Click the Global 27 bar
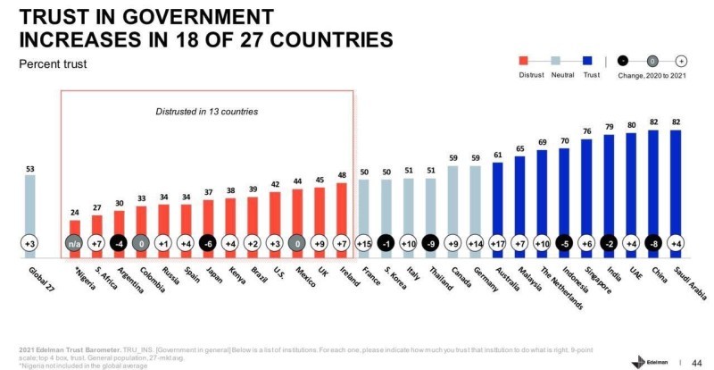pyautogui.click(x=30, y=214)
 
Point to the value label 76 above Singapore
pyautogui.click(x=587, y=130)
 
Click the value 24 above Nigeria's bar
pyautogui.click(x=75, y=212)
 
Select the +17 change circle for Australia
pyautogui.click(x=497, y=241)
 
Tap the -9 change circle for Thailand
pyautogui.click(x=431, y=241)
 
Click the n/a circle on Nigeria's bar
pyautogui.click(x=75, y=241)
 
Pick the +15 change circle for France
pyautogui.click(x=364, y=241)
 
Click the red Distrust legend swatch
pyautogui.click(x=524, y=61)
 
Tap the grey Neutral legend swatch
pyautogui.click(x=556, y=61)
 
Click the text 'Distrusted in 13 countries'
pyautogui.click(x=207, y=112)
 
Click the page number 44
pyautogui.click(x=697, y=359)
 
